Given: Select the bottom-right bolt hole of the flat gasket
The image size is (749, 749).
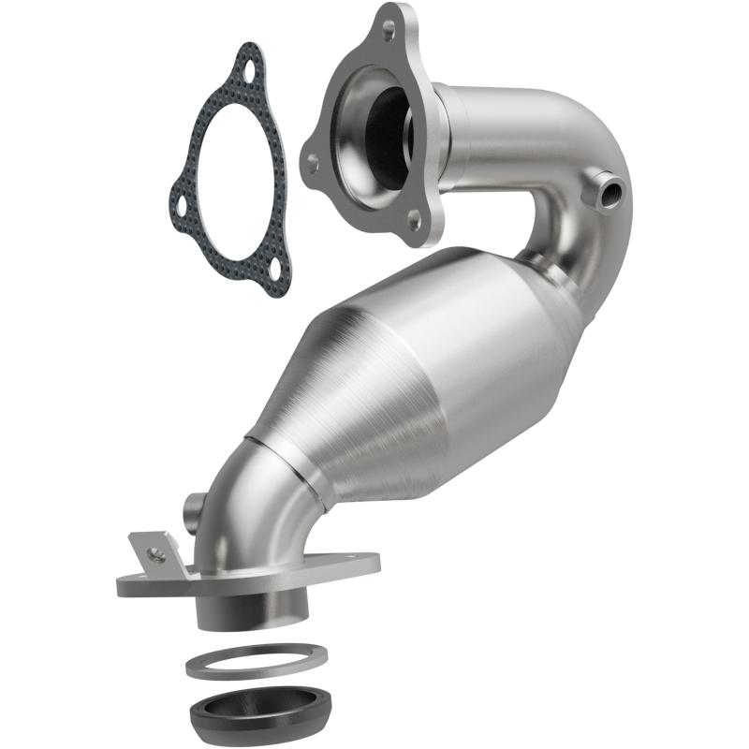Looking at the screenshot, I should point(272,270).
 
